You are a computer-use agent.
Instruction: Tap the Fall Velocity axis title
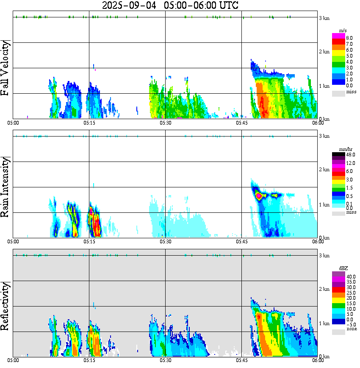pyautogui.click(x=6, y=68)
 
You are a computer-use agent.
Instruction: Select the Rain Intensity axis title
pyautogui.click(x=6, y=187)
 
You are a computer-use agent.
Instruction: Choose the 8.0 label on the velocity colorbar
pyautogui.click(x=349, y=38)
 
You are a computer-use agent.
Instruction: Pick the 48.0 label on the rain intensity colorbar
pyautogui.click(x=350, y=155)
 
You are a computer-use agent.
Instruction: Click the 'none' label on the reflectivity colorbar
pyautogui.click(x=351, y=329)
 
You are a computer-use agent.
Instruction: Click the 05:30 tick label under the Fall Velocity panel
pyautogui.click(x=165, y=123)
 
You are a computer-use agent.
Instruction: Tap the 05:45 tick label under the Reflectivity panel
pyautogui.click(x=242, y=361)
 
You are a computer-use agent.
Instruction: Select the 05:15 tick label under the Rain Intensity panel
pyautogui.click(x=89, y=242)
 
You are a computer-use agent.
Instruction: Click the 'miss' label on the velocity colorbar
pyautogui.click(x=351, y=91)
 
